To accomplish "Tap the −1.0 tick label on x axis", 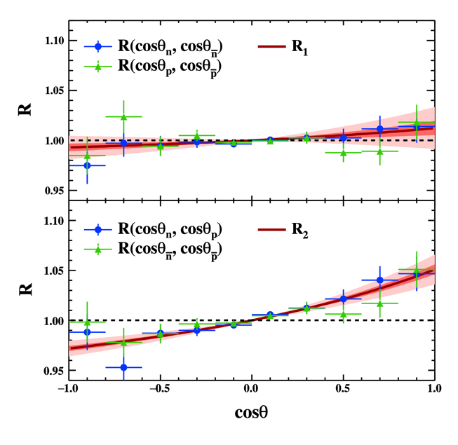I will click(x=68, y=390).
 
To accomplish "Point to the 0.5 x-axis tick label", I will click(x=344, y=390).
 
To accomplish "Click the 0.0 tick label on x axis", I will click(x=252, y=390).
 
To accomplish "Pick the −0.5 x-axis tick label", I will click(x=160, y=390).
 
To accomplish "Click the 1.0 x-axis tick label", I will click(x=435, y=390).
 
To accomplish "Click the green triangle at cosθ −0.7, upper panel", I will click(x=123, y=117).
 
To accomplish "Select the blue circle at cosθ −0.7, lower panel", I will click(x=123, y=367).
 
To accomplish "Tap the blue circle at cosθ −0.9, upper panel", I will click(x=87, y=165).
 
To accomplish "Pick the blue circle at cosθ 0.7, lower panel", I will click(x=380, y=280).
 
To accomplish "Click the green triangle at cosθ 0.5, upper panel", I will click(x=344, y=152).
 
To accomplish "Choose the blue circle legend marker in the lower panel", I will click(x=98, y=228).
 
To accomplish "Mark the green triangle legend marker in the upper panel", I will click(x=98, y=65).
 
